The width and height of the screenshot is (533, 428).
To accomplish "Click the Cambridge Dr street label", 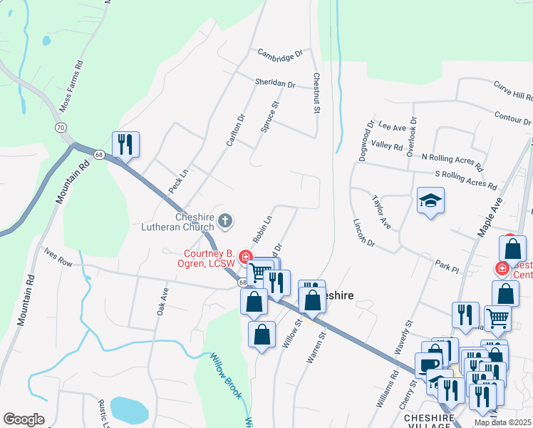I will [281, 53].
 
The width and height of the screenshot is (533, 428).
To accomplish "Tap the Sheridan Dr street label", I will [275, 83].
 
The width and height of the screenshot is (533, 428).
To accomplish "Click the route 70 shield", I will [61, 127].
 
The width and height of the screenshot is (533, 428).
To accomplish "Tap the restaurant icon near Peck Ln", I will [126, 144].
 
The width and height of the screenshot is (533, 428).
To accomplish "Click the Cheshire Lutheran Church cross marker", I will [225, 220].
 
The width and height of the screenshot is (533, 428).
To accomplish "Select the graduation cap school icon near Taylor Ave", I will [431, 200].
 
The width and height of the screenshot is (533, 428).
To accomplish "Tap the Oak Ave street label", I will [162, 301].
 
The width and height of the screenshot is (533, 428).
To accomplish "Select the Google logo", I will [24, 419].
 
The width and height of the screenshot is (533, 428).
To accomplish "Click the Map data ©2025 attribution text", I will [503, 422].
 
